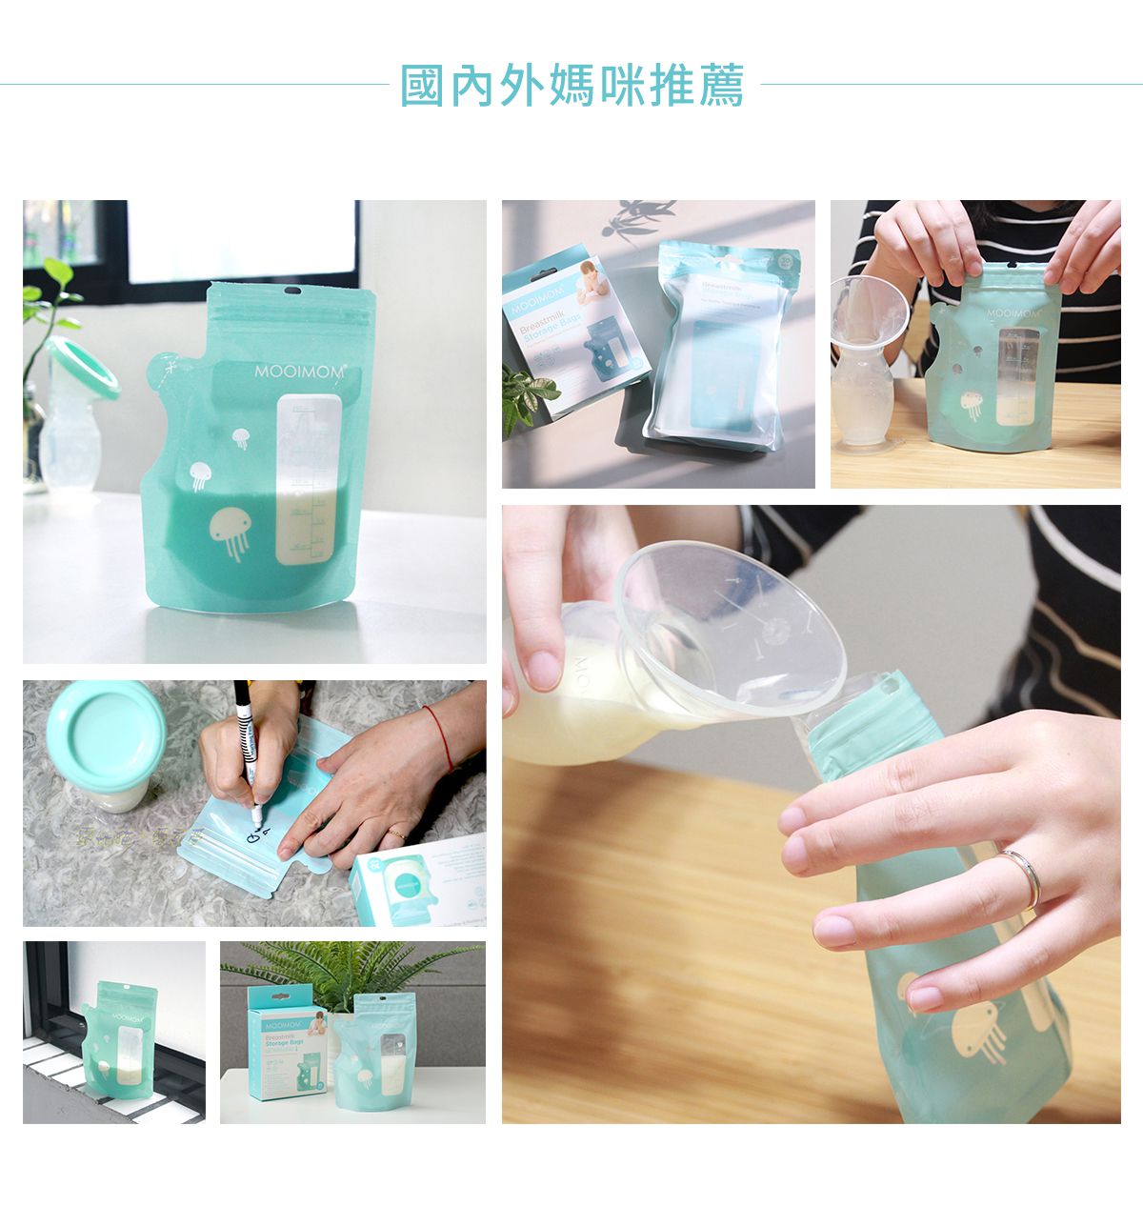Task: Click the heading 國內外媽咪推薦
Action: pyautogui.click(x=571, y=85)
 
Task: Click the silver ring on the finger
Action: pyautogui.click(x=1021, y=877)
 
